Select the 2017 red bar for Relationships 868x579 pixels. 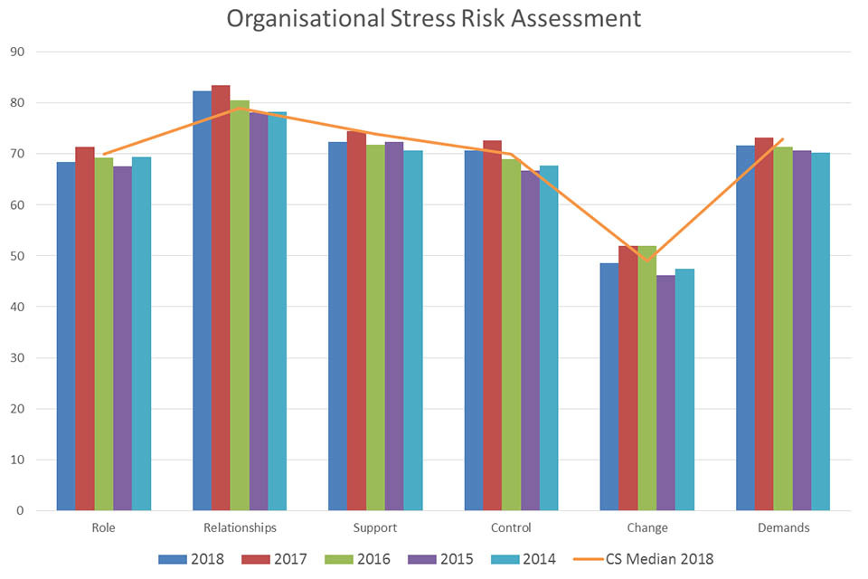[221, 299]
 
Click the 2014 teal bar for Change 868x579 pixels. [684, 390]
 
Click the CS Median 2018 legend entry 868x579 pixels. [643, 558]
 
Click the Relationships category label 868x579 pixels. [239, 527]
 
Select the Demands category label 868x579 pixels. [782, 527]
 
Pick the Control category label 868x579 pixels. [511, 527]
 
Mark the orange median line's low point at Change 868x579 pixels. [646, 261]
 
